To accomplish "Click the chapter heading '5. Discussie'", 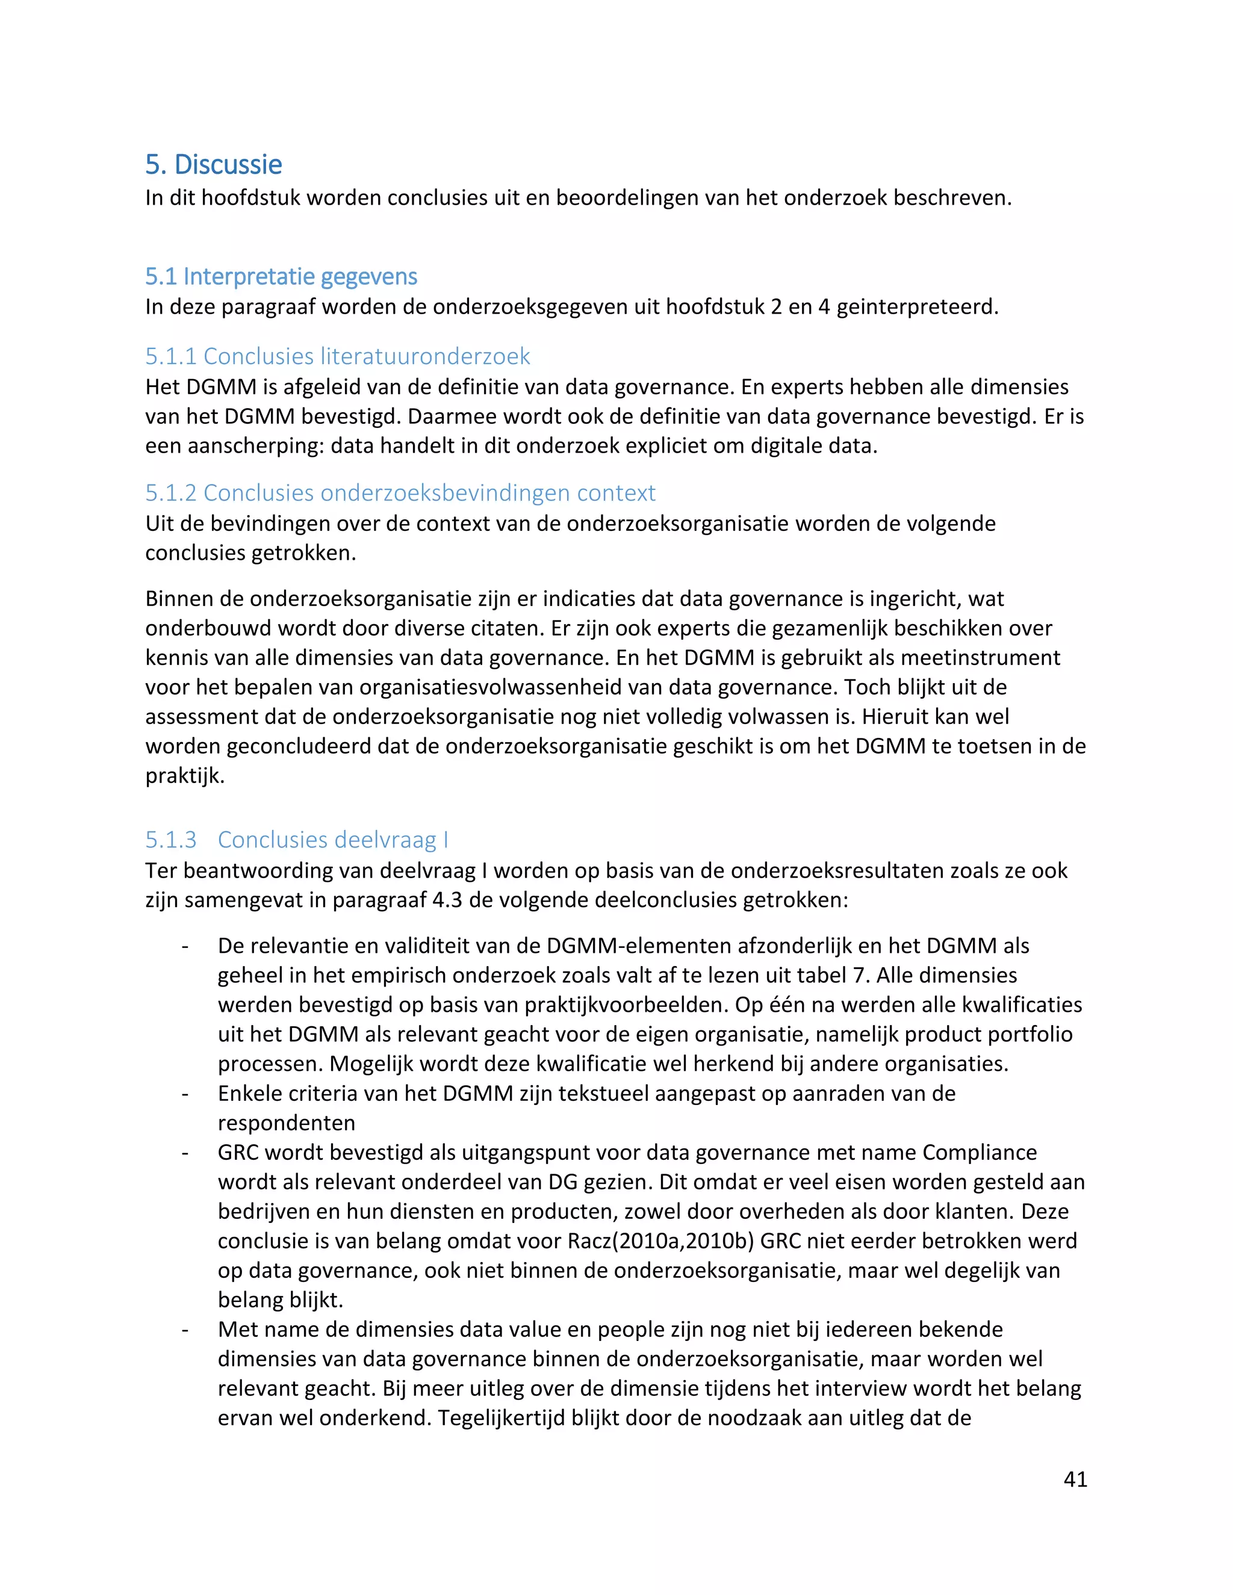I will click(x=213, y=164).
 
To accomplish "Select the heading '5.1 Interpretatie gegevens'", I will click(x=281, y=276).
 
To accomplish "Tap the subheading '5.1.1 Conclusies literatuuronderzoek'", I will click(x=338, y=356).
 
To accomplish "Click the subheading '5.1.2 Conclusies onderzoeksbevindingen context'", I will click(x=400, y=492).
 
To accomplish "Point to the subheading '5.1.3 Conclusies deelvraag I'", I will click(x=297, y=839).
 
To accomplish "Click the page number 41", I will click(x=1075, y=1479).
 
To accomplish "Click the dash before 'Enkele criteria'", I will click(x=185, y=1093).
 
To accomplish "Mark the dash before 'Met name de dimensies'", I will click(x=185, y=1329).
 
